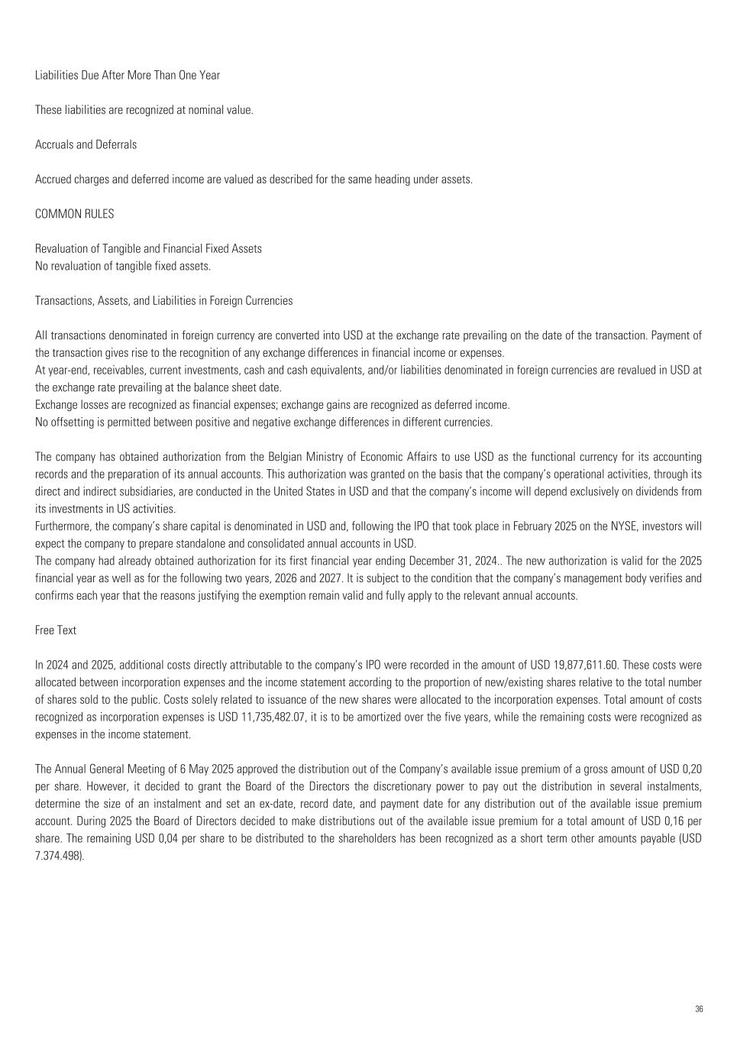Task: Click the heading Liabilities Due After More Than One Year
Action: pyautogui.click(x=128, y=75)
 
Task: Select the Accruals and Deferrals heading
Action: pyautogui.click(x=86, y=144)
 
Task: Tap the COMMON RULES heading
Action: pyautogui.click(x=74, y=214)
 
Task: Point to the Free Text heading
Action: pyautogui.click(x=56, y=630)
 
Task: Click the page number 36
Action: pyautogui.click(x=699, y=1009)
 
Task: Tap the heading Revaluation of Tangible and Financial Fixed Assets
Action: pyautogui.click(x=148, y=248)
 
